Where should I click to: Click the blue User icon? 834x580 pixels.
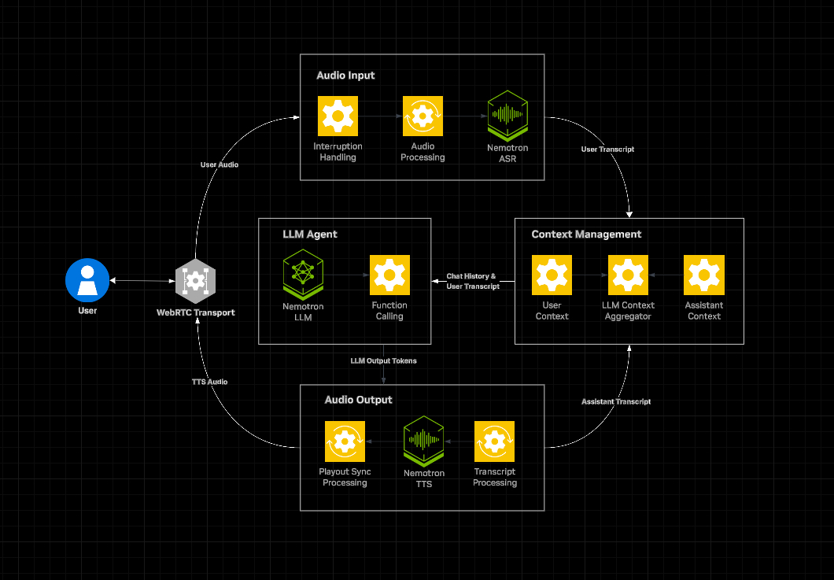click(87, 280)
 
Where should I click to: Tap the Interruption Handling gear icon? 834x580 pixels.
click(338, 116)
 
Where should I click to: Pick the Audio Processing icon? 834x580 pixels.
click(423, 116)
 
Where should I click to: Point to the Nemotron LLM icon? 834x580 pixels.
click(303, 275)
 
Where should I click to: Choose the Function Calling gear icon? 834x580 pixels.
click(389, 275)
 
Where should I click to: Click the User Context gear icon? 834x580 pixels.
click(552, 275)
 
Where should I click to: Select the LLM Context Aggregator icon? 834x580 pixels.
click(628, 275)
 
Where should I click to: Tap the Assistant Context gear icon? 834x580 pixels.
click(704, 275)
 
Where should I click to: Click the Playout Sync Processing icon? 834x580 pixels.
click(345, 441)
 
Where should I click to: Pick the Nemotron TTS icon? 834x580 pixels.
click(424, 441)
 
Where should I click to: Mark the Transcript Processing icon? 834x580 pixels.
click(494, 441)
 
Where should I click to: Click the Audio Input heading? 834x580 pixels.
click(345, 76)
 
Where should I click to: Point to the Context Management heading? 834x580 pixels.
click(586, 235)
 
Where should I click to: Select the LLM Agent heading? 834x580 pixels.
click(310, 235)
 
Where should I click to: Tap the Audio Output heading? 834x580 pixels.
click(358, 400)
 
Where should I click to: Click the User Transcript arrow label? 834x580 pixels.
click(607, 149)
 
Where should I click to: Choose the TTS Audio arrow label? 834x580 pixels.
click(209, 382)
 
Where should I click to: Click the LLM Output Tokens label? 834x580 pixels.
click(383, 360)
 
